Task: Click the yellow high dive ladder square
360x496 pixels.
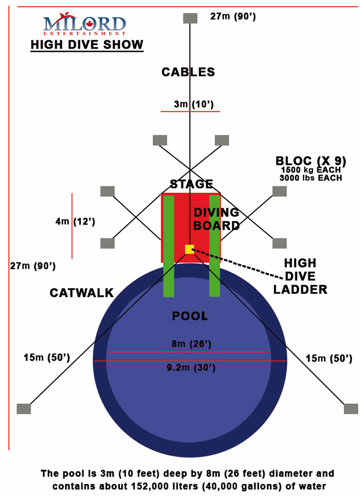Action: point(189,249)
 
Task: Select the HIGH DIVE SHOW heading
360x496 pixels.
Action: point(87,44)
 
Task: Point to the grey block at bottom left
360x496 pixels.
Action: point(24,408)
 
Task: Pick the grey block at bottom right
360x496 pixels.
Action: point(351,408)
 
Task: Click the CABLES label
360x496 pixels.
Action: point(188,72)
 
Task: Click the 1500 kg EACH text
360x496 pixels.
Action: point(310,170)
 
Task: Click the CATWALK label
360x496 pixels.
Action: point(82,293)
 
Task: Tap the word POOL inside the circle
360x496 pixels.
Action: point(189,316)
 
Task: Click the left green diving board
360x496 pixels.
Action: point(168,246)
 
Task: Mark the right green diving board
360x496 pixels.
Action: point(215,246)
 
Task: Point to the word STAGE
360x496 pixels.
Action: point(191,184)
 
